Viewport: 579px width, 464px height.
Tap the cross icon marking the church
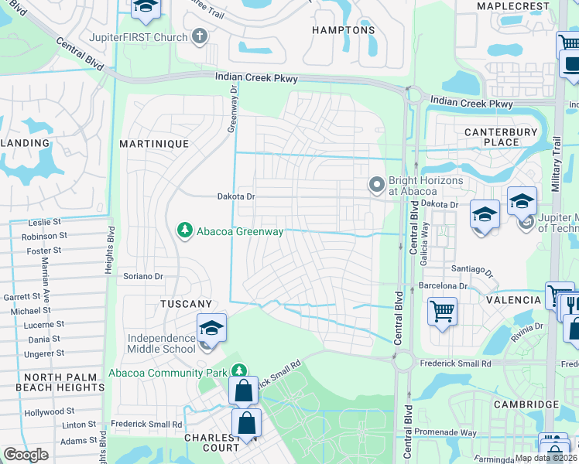coord(200,36)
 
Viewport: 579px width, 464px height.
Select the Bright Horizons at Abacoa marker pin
coord(377,185)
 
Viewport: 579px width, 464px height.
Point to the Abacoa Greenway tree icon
coord(184,230)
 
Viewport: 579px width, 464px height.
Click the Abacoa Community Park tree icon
coord(239,372)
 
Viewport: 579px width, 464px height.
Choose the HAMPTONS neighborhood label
coord(343,31)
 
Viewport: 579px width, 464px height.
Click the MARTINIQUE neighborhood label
coord(154,145)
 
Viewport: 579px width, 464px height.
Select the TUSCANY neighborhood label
coord(186,304)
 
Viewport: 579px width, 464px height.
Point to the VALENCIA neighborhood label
coord(513,300)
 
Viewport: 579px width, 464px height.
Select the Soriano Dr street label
coord(143,276)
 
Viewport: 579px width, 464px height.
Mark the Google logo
coord(26,455)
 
